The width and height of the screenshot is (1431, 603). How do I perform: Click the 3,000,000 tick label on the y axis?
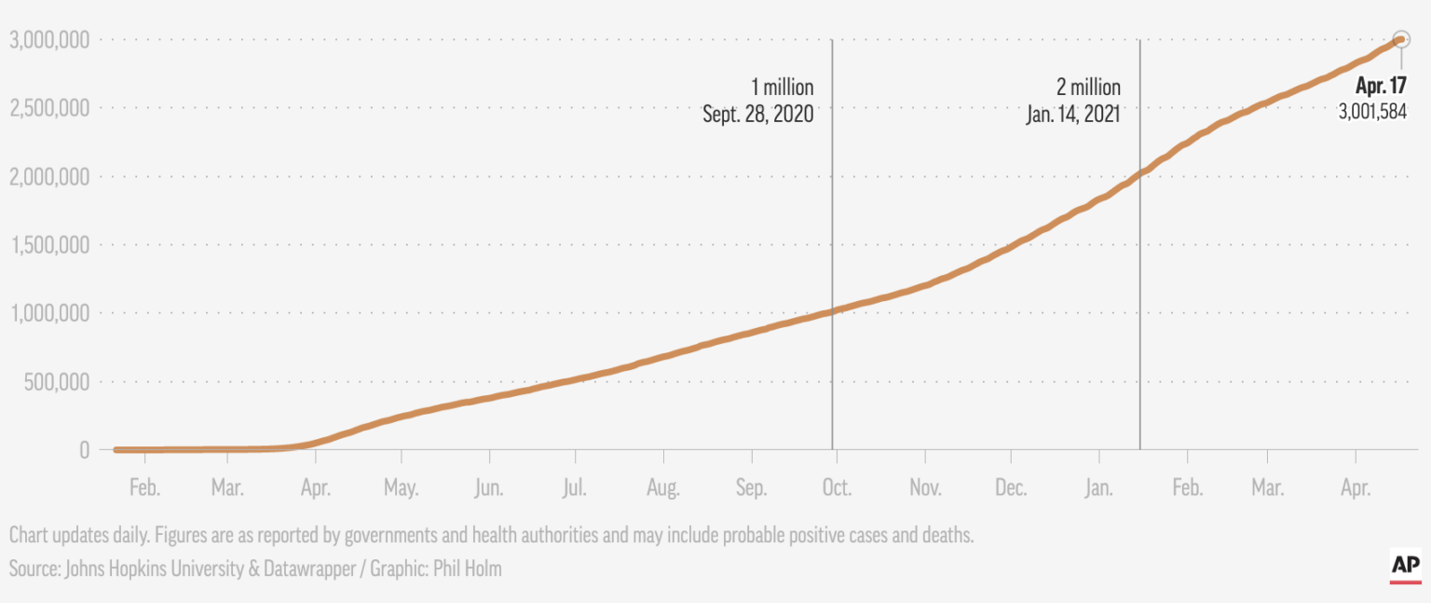point(49,40)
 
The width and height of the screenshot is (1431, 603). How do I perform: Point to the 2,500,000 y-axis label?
point(49,108)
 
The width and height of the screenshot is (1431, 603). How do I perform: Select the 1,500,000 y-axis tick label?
point(49,245)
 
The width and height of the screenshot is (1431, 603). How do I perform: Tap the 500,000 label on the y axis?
point(58,381)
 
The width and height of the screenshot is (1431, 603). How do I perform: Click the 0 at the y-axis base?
point(84,450)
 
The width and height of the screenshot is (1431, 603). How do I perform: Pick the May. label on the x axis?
point(401,488)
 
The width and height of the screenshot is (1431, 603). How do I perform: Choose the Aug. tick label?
point(663,488)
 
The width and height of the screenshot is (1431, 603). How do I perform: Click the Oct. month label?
point(837,488)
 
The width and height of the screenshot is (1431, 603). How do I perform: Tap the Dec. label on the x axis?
point(1011,488)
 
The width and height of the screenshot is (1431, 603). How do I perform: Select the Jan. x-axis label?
point(1099,488)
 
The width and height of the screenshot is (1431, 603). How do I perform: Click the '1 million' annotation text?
point(783,88)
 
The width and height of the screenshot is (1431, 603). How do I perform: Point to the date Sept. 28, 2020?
point(758,115)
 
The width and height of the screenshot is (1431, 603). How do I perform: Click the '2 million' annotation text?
point(1088,88)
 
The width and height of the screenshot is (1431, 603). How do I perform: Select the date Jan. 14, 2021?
point(1073,115)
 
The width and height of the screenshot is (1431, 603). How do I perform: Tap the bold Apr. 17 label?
point(1381,86)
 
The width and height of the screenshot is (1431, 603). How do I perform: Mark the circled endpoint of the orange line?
point(1400,39)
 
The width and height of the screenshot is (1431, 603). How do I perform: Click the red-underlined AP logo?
point(1405,566)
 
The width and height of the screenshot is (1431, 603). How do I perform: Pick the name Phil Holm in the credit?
point(466,568)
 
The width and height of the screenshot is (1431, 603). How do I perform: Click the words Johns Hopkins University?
point(155,568)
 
